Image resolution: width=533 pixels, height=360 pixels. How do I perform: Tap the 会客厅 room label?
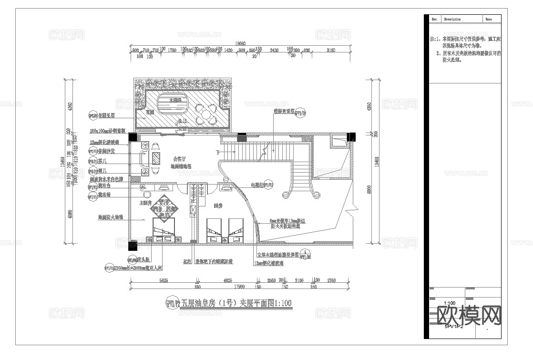180,159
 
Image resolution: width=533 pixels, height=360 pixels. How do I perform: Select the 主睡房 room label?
144,203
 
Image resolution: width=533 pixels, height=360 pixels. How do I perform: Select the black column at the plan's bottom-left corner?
133,246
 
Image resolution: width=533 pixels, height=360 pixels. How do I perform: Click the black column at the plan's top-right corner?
351,137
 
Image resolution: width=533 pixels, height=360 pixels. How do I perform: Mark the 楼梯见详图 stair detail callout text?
283,112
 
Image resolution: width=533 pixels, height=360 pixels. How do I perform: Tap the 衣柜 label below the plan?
187,262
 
